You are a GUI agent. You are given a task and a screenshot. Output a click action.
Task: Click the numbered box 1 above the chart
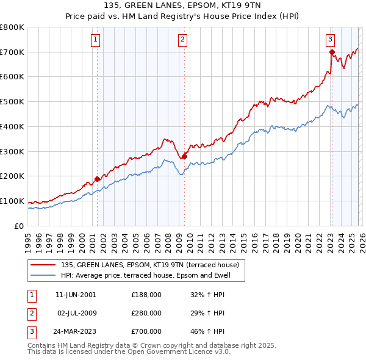(x=96, y=40)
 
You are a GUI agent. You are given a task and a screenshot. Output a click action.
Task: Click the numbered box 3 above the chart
(x=330, y=40)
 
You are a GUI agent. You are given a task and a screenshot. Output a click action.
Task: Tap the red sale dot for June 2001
(x=97, y=179)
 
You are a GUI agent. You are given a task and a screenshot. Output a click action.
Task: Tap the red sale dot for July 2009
(x=184, y=156)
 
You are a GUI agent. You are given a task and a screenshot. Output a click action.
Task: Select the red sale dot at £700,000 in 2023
(x=332, y=52)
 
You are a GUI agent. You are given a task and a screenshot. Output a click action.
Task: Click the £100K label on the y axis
(x=12, y=201)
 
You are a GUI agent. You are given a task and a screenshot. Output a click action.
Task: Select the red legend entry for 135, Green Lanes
(x=152, y=265)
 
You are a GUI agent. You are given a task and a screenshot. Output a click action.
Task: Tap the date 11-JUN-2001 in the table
(x=75, y=295)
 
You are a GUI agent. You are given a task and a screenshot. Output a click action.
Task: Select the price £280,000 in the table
(x=146, y=313)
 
